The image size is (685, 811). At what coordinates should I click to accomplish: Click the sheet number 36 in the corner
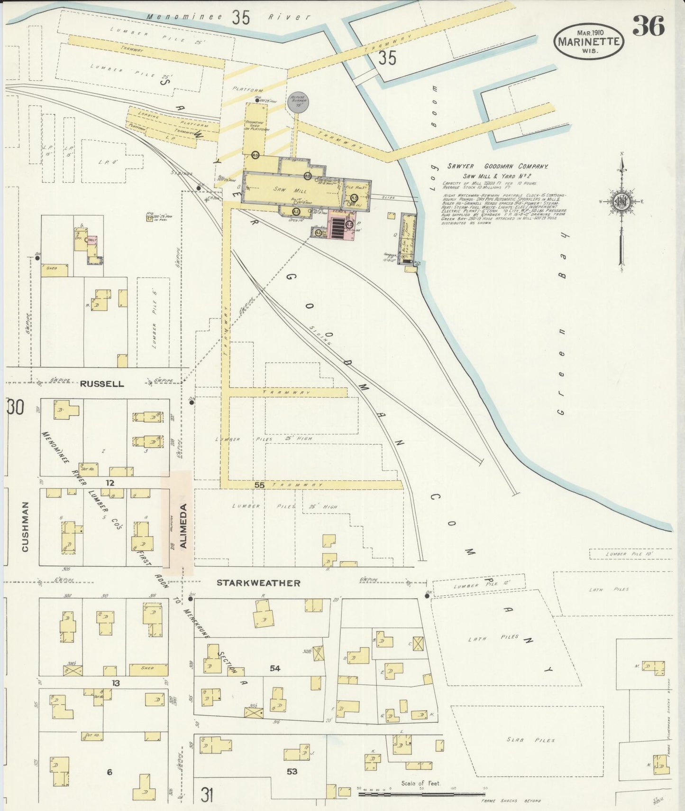(x=648, y=26)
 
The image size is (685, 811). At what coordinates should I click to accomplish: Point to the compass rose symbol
(x=621, y=201)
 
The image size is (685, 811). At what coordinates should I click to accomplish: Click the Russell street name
(x=102, y=383)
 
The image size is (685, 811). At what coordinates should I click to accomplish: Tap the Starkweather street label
(x=258, y=583)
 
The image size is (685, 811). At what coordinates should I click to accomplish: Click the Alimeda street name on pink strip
(x=184, y=526)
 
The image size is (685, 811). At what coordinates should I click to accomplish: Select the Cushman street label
(x=25, y=527)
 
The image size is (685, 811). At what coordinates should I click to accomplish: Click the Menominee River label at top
(x=228, y=17)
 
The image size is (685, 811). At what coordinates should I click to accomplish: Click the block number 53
(x=292, y=772)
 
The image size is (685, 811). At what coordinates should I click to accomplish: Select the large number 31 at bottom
(x=206, y=794)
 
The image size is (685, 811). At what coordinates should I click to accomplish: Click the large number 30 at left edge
(x=15, y=407)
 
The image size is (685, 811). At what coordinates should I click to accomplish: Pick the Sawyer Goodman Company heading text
(x=497, y=167)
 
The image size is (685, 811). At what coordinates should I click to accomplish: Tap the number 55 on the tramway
(x=259, y=485)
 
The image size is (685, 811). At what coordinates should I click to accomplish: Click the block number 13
(x=115, y=683)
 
